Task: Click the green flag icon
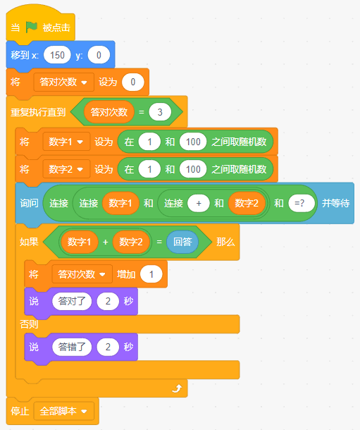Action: click(x=32, y=27)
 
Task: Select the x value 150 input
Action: click(x=57, y=55)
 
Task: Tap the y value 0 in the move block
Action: click(x=99, y=55)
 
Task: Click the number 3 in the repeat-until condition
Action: click(x=160, y=112)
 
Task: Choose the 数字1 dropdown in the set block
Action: click(x=66, y=142)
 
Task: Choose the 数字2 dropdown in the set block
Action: click(x=66, y=169)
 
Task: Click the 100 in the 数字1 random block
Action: click(x=193, y=142)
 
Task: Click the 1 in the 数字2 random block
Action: click(x=149, y=169)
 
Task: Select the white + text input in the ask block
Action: click(x=199, y=203)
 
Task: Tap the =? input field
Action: click(x=302, y=203)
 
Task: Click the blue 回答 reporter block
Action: click(x=182, y=242)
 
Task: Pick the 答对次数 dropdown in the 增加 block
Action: click(x=82, y=274)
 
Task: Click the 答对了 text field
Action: click(x=72, y=302)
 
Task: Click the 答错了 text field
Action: click(x=72, y=347)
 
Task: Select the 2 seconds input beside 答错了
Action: click(x=108, y=347)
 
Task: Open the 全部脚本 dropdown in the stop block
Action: click(x=64, y=411)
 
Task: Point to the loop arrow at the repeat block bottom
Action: click(x=178, y=388)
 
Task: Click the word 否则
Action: click(x=29, y=324)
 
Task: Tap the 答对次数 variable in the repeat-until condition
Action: click(x=108, y=112)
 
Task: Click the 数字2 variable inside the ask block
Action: click(x=247, y=203)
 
